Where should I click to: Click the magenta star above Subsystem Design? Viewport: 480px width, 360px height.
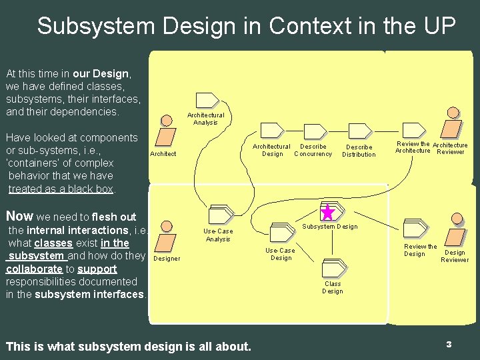click(327, 213)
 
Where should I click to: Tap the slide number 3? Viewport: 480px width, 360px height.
click(449, 344)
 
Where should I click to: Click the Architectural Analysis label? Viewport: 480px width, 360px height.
click(206, 119)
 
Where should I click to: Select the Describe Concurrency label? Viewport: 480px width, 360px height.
click(313, 150)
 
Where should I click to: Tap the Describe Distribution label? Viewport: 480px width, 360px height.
click(359, 151)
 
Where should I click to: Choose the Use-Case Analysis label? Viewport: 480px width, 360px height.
click(218, 235)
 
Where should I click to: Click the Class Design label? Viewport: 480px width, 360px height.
click(333, 287)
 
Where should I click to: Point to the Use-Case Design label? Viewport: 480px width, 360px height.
click(280, 254)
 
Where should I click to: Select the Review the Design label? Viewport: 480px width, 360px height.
click(420, 250)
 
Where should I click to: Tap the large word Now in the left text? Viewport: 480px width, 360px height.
click(19, 216)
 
